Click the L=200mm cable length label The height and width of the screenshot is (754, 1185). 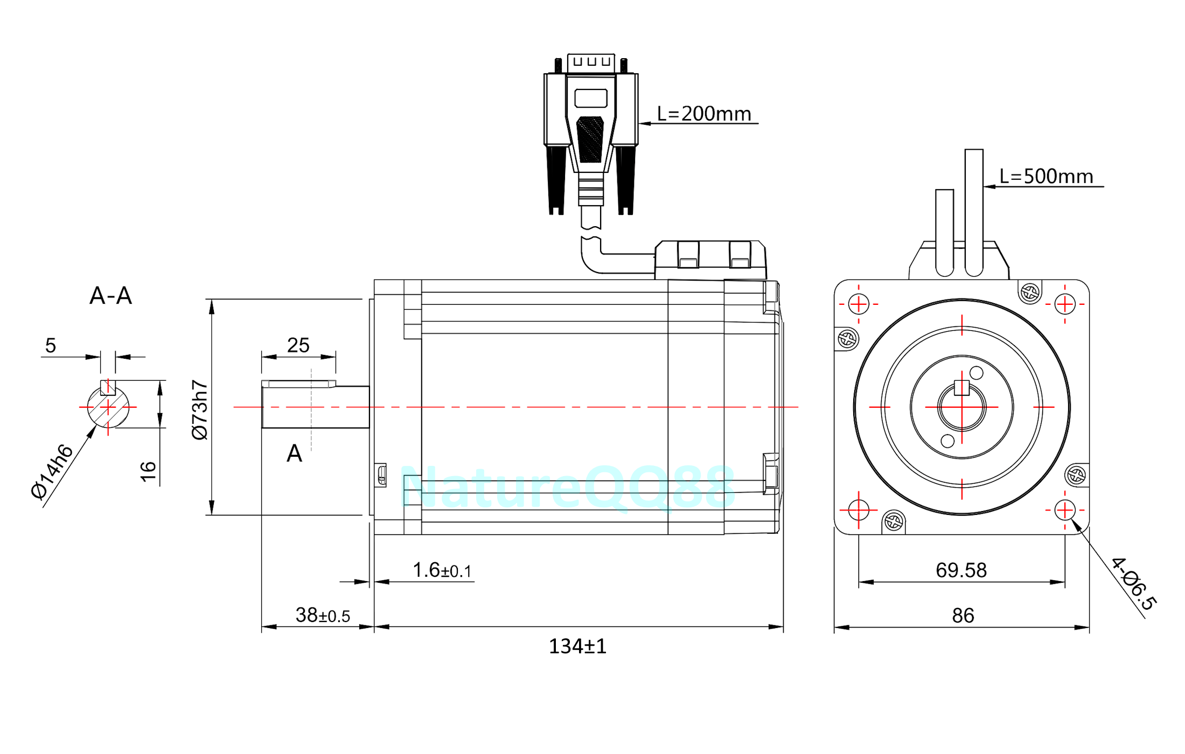pyautogui.click(x=703, y=114)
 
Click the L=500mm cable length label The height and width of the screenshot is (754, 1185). pyautogui.click(x=1046, y=176)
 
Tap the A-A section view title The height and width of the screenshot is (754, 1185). pyautogui.click(x=110, y=296)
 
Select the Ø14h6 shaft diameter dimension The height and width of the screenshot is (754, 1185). pyautogui.click(x=52, y=472)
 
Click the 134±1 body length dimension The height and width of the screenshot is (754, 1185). pyautogui.click(x=577, y=646)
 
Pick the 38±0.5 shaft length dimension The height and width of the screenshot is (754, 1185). pyautogui.click(x=323, y=615)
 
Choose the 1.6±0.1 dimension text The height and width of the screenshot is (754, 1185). pyautogui.click(x=442, y=570)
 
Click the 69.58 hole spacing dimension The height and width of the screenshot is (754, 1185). pyautogui.click(x=961, y=570)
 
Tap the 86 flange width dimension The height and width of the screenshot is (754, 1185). pyautogui.click(x=963, y=616)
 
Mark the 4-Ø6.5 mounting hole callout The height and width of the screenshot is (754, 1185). pyautogui.click(x=1133, y=584)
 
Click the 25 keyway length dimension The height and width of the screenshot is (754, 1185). pyautogui.click(x=298, y=345)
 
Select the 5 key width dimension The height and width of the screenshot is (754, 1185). pyautogui.click(x=51, y=345)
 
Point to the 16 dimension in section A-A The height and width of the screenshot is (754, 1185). pyautogui.click(x=148, y=471)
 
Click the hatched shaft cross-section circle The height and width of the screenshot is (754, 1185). pyautogui.click(x=108, y=408)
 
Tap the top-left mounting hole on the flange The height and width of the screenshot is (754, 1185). pyautogui.click(x=859, y=304)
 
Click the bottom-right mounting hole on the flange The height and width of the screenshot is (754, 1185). pyautogui.click(x=1065, y=509)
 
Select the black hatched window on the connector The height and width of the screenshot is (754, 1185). pyautogui.click(x=590, y=139)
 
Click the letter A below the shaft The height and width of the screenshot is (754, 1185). pyautogui.click(x=294, y=453)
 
